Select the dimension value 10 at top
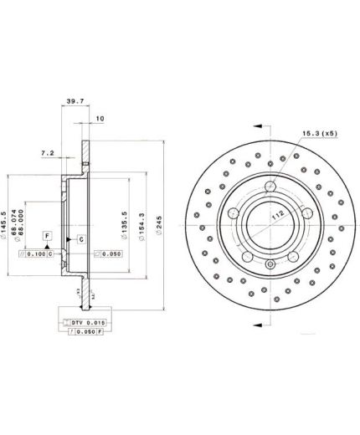coord(100,119)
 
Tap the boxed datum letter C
coord(50,253)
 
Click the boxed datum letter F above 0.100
coord(49,238)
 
